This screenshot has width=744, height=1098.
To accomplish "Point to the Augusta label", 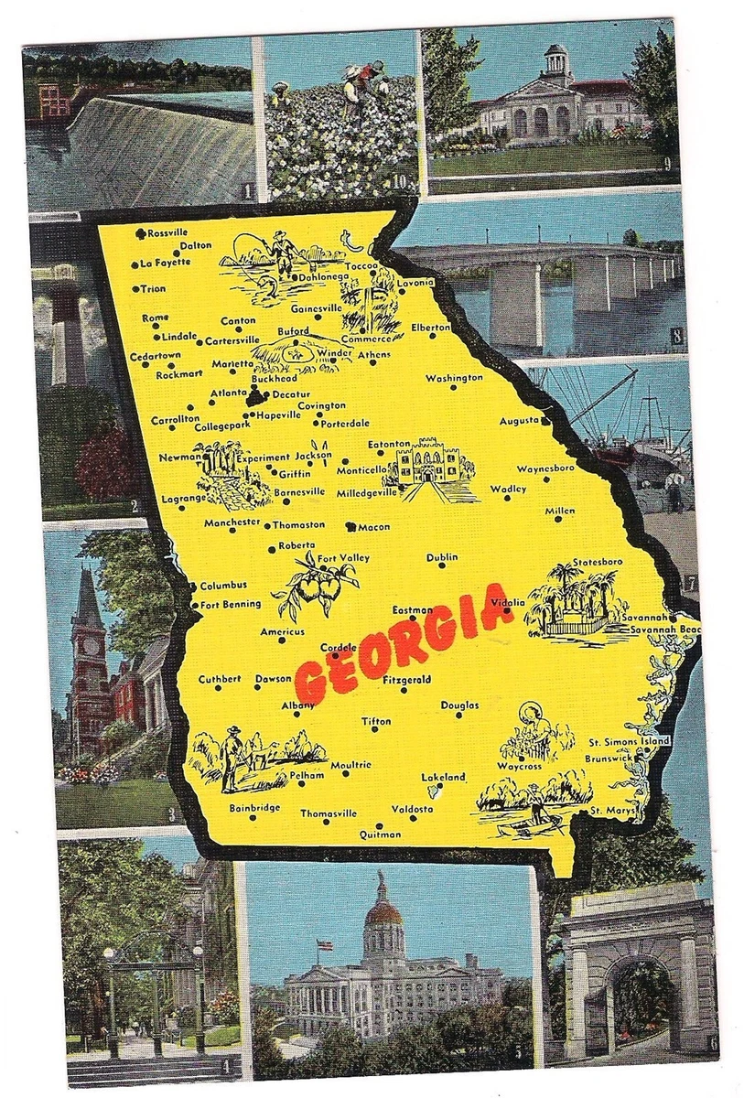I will click(x=520, y=421).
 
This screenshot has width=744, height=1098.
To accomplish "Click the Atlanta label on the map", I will click(x=229, y=393).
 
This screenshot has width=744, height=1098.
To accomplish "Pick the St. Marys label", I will click(x=609, y=811).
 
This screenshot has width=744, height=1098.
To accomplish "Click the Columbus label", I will click(x=223, y=585).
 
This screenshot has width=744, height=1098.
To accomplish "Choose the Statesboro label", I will click(x=598, y=561).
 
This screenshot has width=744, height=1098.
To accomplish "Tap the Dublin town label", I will click(x=442, y=557).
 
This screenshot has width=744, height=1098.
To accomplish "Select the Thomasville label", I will click(x=329, y=813).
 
